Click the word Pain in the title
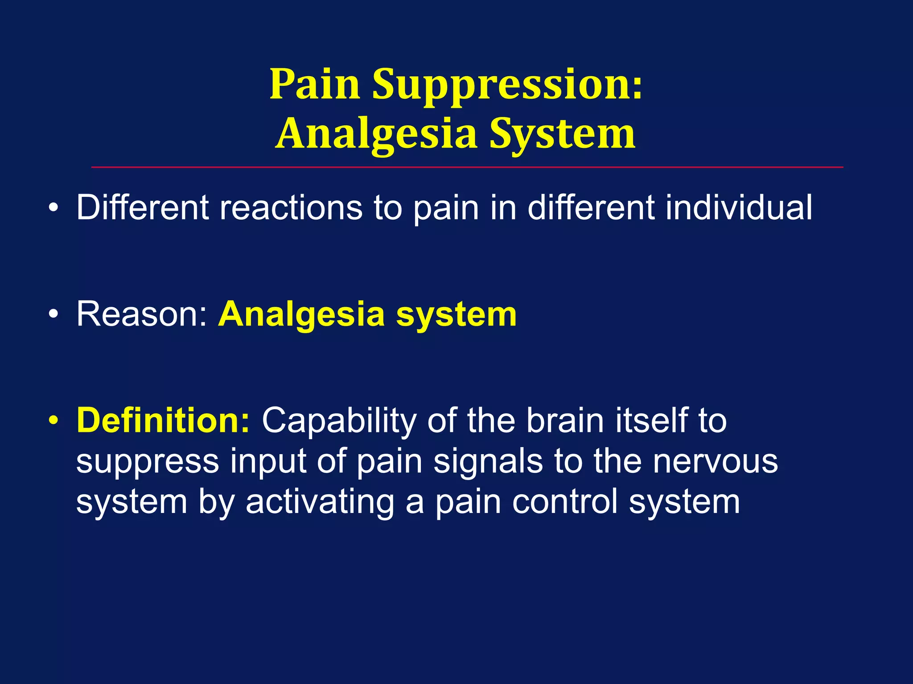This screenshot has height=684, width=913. [315, 85]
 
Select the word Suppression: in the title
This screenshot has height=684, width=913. [507, 85]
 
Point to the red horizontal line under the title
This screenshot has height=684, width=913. [467, 167]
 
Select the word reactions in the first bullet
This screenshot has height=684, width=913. [291, 208]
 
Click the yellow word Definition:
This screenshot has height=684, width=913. [163, 420]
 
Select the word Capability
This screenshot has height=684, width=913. [339, 421]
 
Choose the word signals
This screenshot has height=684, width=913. [488, 462]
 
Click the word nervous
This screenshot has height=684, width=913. [716, 462]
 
